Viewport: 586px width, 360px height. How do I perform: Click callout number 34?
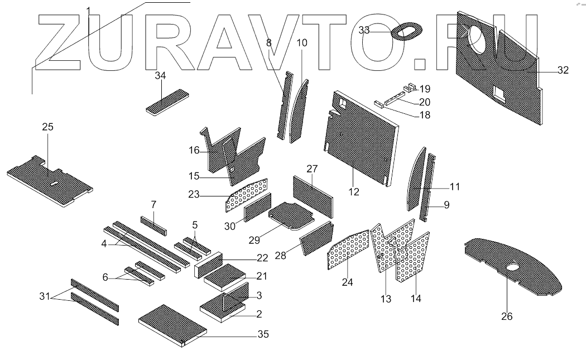[x=161, y=76]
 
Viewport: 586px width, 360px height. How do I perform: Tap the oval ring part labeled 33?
[x=406, y=32]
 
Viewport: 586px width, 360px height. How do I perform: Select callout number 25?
[x=48, y=127]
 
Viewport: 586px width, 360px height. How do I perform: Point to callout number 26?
[x=506, y=316]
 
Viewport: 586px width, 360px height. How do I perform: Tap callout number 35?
[x=263, y=334]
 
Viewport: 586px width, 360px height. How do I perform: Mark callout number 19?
[x=425, y=89]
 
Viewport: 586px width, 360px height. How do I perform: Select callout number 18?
[x=425, y=115]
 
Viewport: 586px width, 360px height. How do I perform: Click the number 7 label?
[x=153, y=204]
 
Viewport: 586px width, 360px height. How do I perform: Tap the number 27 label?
[x=312, y=169]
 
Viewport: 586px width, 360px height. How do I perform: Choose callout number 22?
[x=263, y=258]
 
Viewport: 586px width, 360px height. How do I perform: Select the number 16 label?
[x=194, y=150]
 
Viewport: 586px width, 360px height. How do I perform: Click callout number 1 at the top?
[x=89, y=11]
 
